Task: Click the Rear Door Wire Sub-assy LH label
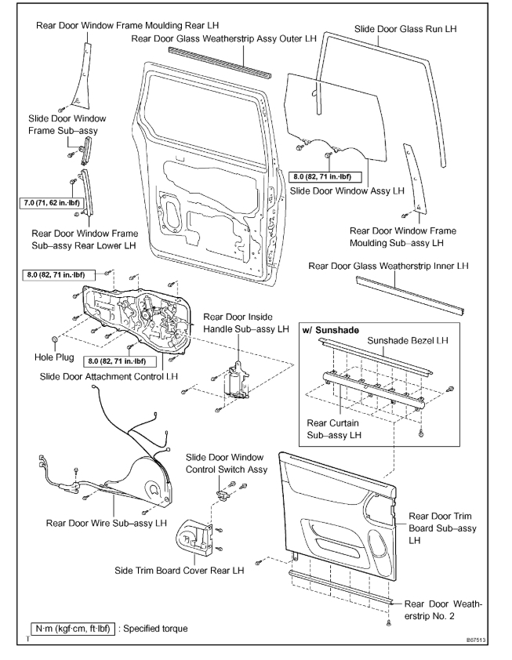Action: coord(107,522)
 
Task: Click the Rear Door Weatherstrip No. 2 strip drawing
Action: coord(337,585)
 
